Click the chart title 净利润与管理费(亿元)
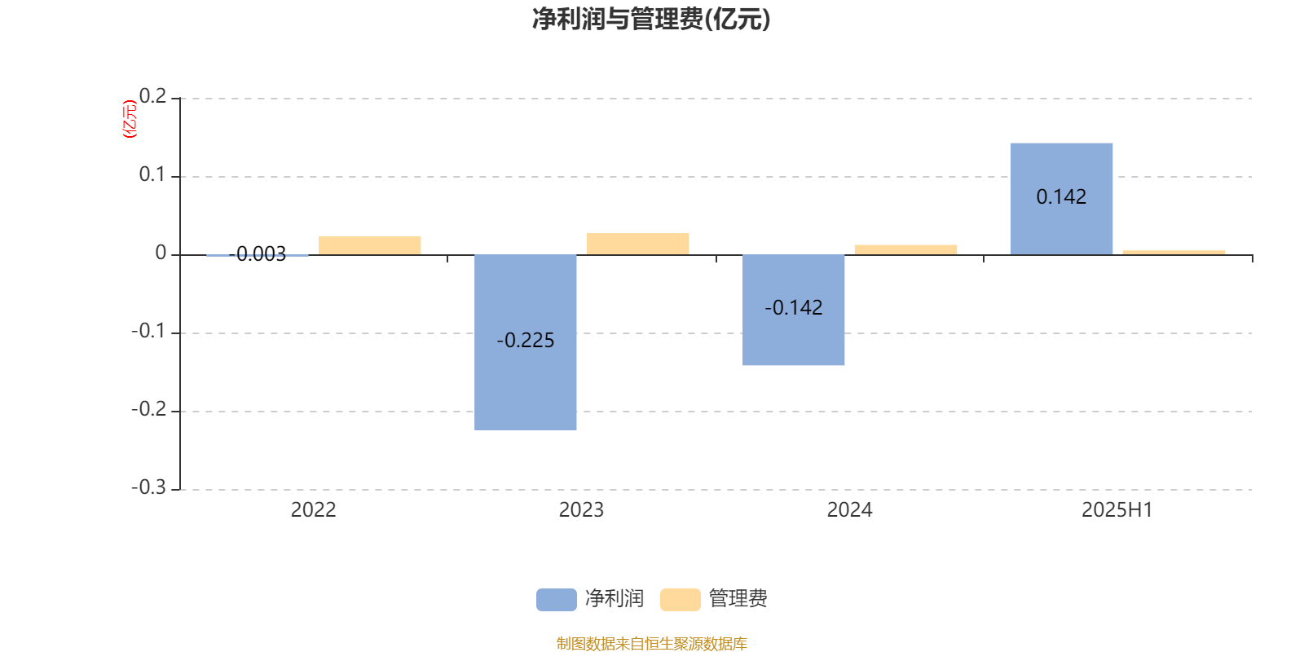[x=651, y=20]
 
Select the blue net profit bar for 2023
[x=525, y=342]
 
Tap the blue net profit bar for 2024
[x=794, y=310]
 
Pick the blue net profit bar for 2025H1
[x=1061, y=199]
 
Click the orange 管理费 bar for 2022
[x=370, y=245]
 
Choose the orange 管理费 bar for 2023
[x=637, y=244]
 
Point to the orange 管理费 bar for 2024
[x=905, y=249]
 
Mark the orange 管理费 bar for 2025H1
[x=1174, y=252]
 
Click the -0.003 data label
[x=258, y=254]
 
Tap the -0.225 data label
[x=525, y=341]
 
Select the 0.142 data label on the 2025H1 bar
[x=1061, y=197]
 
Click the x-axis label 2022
[x=313, y=510]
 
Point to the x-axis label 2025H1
[x=1117, y=510]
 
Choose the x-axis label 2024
[x=849, y=510]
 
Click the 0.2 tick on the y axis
[x=152, y=96]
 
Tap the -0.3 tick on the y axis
[x=148, y=487]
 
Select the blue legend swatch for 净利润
[x=557, y=600]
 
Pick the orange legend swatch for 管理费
[x=680, y=600]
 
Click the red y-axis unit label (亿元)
[x=130, y=119]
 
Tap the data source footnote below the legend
[x=651, y=643]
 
